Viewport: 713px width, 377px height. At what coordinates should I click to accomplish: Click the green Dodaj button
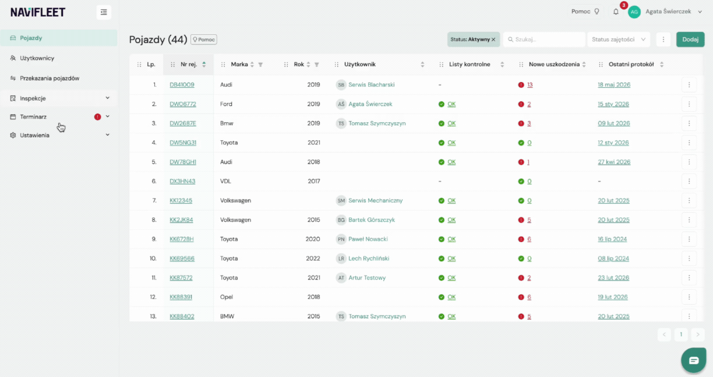coord(690,40)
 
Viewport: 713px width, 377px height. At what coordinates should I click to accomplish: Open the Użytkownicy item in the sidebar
coord(37,58)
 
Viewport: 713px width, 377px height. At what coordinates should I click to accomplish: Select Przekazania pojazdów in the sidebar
coord(50,78)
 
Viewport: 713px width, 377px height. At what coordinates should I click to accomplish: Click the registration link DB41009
coord(182,84)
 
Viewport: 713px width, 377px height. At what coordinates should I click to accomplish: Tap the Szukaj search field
coord(544,40)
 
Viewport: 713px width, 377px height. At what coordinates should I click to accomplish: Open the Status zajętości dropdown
coord(619,40)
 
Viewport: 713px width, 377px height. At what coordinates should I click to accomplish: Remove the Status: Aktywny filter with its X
coord(493,40)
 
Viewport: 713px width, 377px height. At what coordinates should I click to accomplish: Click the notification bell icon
coord(616,12)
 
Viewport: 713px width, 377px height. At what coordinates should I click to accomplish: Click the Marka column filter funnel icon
coord(260,65)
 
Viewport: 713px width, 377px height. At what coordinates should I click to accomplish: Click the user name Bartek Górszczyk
coord(372,220)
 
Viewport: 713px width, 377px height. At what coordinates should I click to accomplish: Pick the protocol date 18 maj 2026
coord(614,84)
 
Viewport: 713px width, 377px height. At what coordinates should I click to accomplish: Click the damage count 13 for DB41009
coord(530,84)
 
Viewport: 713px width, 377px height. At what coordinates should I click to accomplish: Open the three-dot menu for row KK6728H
coord(689,239)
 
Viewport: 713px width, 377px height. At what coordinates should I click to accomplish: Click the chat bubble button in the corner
coord(694,361)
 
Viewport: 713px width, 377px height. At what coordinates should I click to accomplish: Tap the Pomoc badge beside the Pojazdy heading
coord(204,40)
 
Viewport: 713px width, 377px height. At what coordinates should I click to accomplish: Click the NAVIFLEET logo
coord(38,12)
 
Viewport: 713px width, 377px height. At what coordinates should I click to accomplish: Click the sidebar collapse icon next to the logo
coord(104,12)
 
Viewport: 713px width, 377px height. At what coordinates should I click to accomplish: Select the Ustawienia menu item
coord(34,135)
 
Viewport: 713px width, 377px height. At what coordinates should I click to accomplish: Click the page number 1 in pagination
coord(681,335)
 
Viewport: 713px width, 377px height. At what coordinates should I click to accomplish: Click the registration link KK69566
coord(182,258)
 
